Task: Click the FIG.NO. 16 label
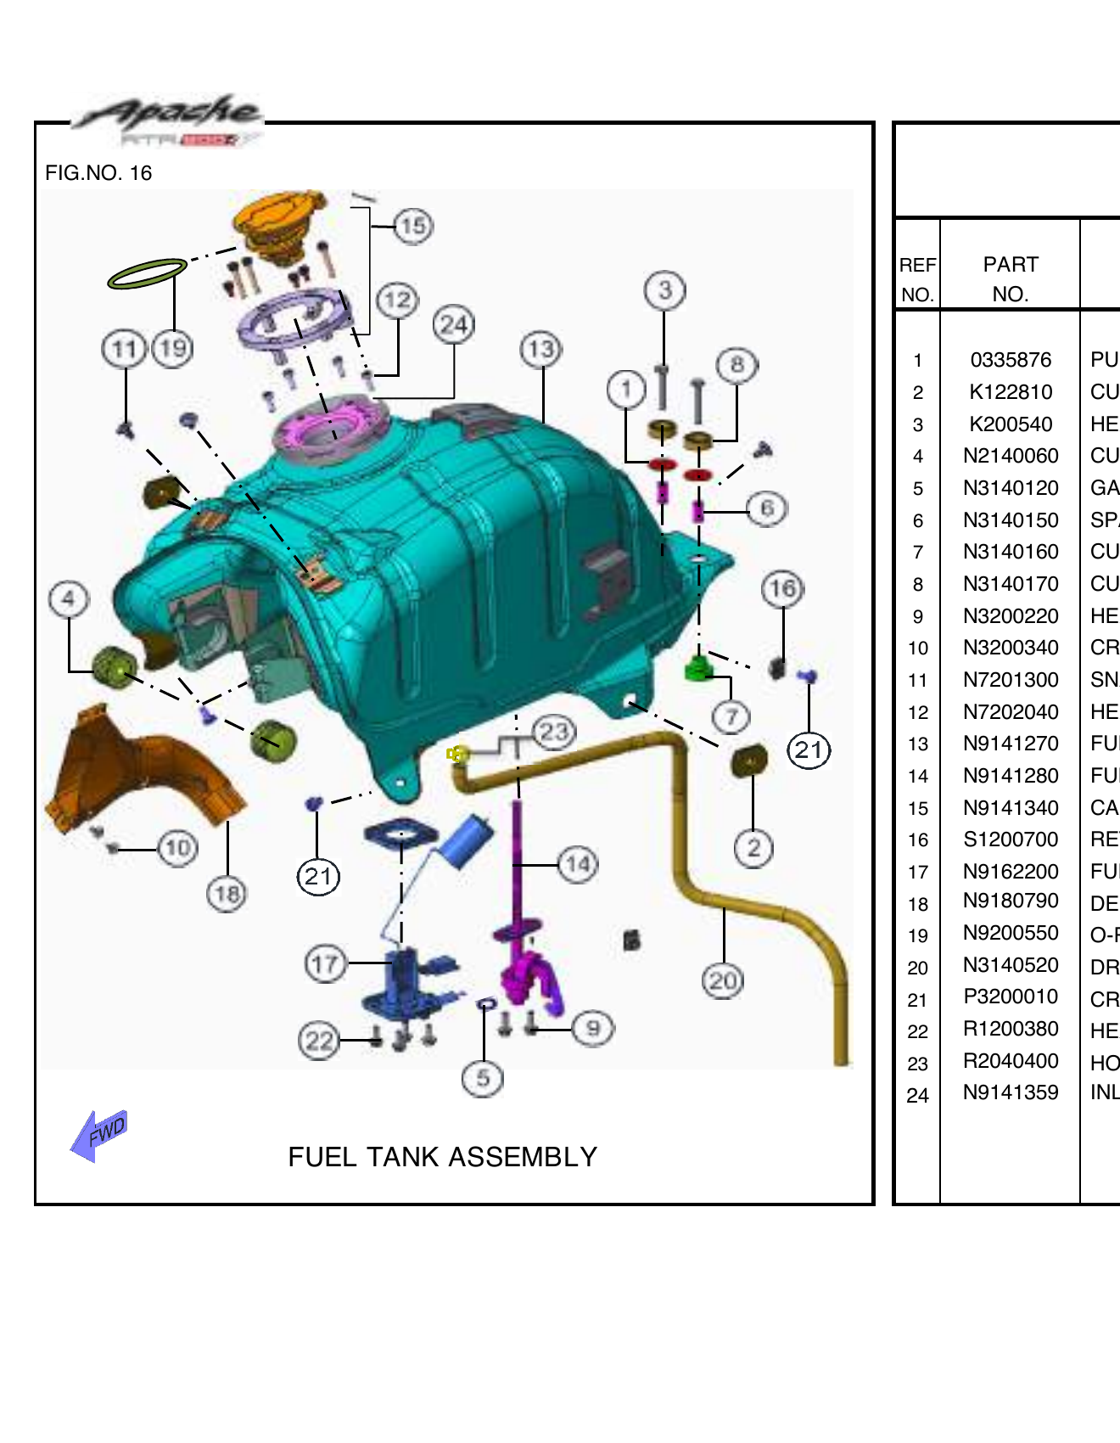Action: coord(98,173)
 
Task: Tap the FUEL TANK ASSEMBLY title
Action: coord(442,1157)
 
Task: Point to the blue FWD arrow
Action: coord(99,1134)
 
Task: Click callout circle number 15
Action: coord(413,227)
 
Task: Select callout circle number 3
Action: coord(665,290)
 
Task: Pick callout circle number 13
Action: coord(541,350)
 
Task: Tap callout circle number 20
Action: coord(723,981)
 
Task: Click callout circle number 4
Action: coord(69,599)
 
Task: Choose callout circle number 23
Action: coord(554,732)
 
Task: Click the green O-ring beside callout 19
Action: coord(146,273)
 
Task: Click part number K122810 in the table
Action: coord(1010,392)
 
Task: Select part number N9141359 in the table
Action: coord(1010,1093)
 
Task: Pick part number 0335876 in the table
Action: coord(1010,360)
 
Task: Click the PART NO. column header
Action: coord(1010,278)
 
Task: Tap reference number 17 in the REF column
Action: coord(917,873)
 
